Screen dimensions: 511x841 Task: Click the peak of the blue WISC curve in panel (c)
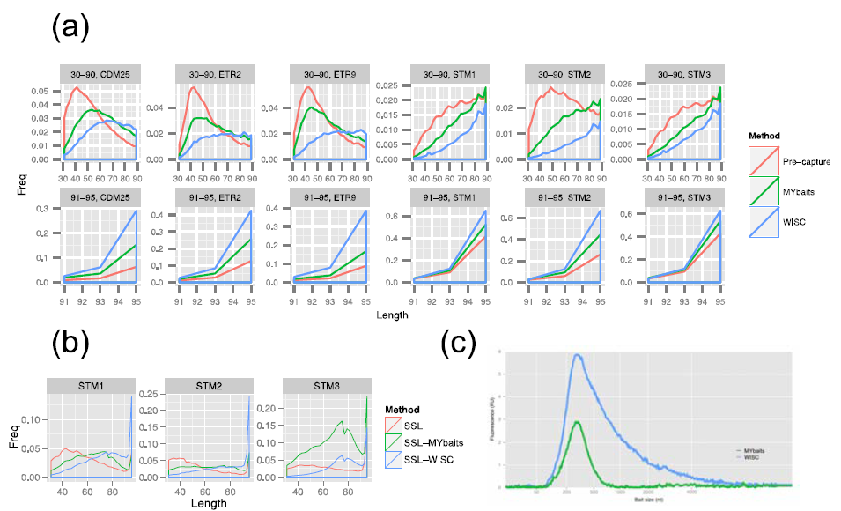577,355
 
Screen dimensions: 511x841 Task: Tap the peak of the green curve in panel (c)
577,422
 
